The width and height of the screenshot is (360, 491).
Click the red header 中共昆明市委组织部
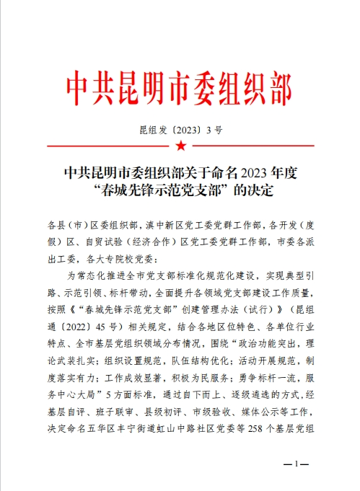pyautogui.click(x=180, y=88)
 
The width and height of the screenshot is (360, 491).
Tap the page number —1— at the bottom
pyautogui.click(x=297, y=464)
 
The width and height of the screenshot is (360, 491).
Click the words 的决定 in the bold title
pyautogui.click(x=254, y=191)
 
